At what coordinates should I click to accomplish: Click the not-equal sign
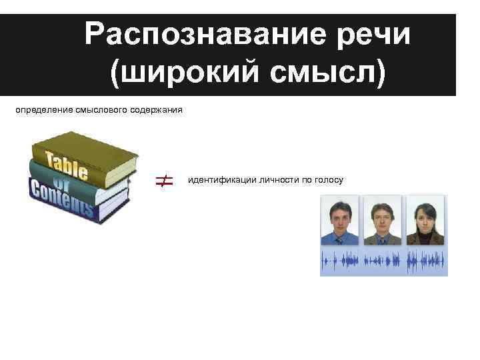click(165, 180)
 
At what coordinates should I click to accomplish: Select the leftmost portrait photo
click(340, 221)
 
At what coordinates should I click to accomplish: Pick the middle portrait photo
click(383, 221)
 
